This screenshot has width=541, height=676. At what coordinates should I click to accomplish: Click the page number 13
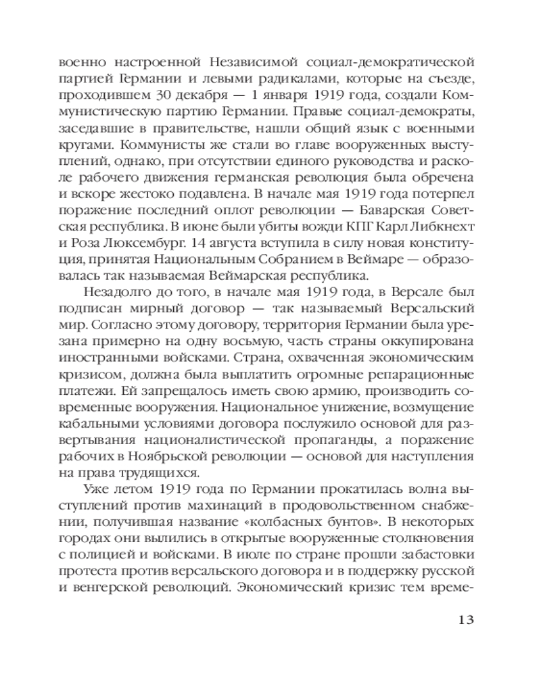coord(468,620)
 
